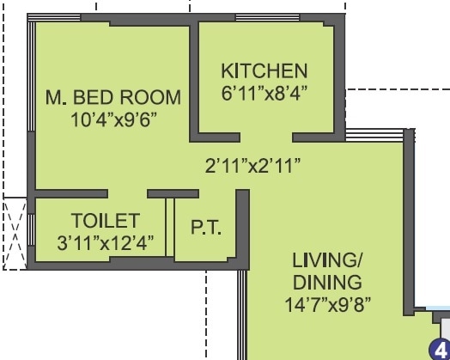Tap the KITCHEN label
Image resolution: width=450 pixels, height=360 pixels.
click(x=264, y=70)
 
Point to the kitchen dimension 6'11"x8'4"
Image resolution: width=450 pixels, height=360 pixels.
click(x=264, y=90)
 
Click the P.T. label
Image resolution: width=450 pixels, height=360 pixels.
click(x=206, y=229)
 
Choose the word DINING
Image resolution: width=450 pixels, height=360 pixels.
click(x=325, y=282)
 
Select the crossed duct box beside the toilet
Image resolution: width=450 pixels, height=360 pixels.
click(x=15, y=233)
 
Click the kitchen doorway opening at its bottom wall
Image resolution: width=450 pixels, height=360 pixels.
click(x=266, y=136)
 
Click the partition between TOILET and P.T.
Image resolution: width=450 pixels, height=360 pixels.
click(x=170, y=229)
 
